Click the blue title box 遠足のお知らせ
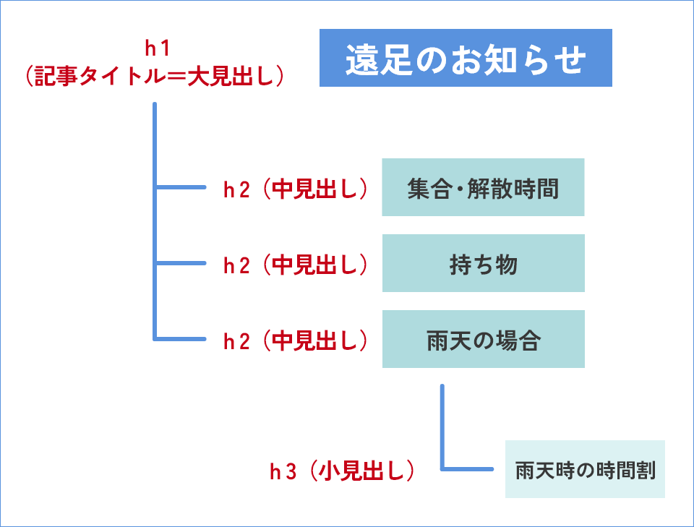(x=466, y=58)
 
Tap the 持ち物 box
(x=483, y=263)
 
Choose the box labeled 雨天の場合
(x=483, y=339)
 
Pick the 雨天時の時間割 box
(x=585, y=469)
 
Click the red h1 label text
(x=156, y=49)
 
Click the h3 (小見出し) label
(x=343, y=471)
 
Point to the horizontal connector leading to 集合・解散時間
(x=181, y=188)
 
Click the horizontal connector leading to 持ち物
(x=181, y=263)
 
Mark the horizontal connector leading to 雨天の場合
(x=181, y=338)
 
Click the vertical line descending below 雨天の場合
(x=442, y=427)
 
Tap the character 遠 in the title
(x=359, y=59)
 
